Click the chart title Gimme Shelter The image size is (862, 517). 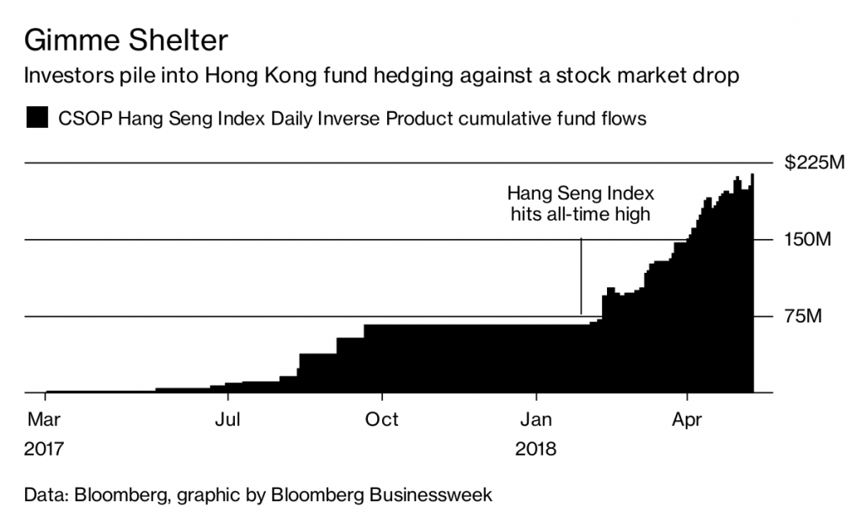pyautogui.click(x=126, y=40)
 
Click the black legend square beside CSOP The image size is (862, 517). pyautogui.click(x=38, y=118)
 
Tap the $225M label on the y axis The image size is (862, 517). pyautogui.click(x=813, y=163)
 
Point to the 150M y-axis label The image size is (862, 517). pyautogui.click(x=807, y=240)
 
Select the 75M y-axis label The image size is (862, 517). pyautogui.click(x=803, y=317)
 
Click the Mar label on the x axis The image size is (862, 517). pyautogui.click(x=43, y=419)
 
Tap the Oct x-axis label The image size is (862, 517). pyautogui.click(x=382, y=419)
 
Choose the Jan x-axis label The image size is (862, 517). pyautogui.click(x=536, y=419)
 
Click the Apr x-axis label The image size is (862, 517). pyautogui.click(x=688, y=419)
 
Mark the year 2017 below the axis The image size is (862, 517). pyautogui.click(x=45, y=449)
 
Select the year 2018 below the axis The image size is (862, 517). pyautogui.click(x=536, y=449)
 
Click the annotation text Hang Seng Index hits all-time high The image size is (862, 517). pyautogui.click(x=581, y=203)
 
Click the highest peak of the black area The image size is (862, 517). pyautogui.click(x=752, y=175)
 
